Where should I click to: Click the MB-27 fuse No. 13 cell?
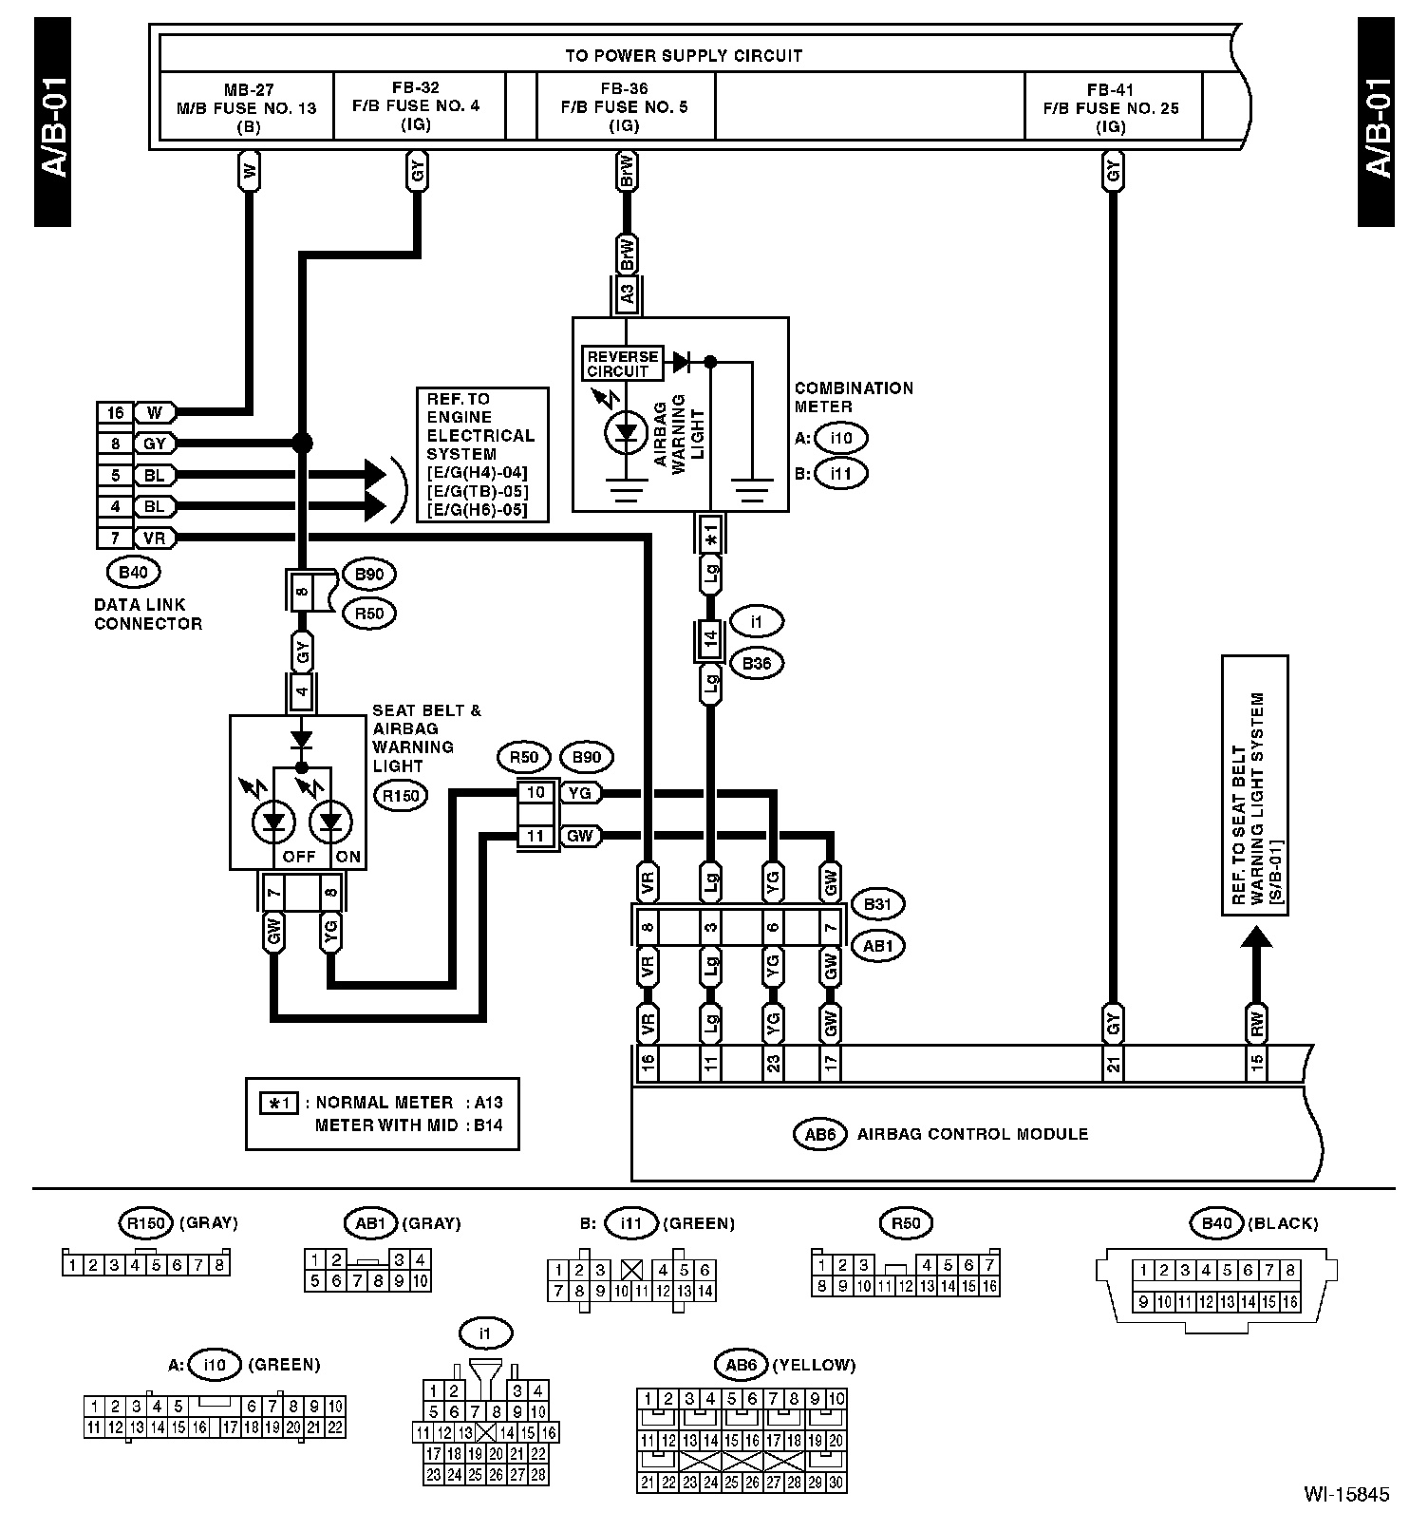pos(247,106)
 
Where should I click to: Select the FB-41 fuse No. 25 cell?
pos(1112,106)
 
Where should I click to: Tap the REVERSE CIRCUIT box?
pos(622,363)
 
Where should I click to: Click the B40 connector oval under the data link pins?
pos(134,573)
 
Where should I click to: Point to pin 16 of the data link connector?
pos(115,412)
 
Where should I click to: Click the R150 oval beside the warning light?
pos(401,795)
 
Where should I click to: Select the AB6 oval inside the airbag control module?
pos(818,1134)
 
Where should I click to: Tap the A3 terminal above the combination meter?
pos(627,294)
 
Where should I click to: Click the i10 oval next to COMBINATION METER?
pos(841,439)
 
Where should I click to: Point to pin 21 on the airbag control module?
pos(1113,1064)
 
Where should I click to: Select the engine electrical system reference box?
pos(482,454)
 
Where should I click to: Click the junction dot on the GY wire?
pos(302,443)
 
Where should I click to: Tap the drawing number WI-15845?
pos(1346,1494)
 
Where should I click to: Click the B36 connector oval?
pos(757,664)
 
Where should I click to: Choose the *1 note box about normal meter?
pos(383,1114)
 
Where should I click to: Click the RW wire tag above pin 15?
pos(1256,1024)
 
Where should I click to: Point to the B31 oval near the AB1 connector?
pos(877,904)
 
